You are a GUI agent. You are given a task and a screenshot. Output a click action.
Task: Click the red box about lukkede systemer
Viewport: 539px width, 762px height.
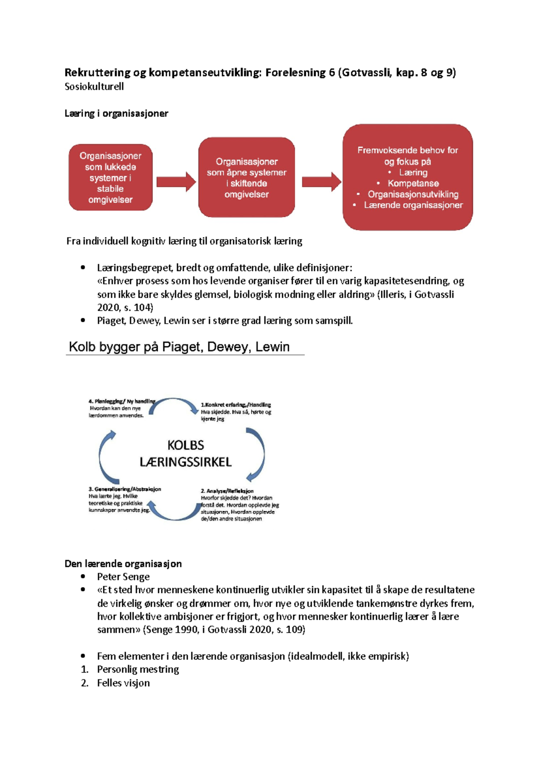point(110,177)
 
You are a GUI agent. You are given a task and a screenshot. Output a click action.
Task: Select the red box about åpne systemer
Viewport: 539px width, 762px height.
point(247,178)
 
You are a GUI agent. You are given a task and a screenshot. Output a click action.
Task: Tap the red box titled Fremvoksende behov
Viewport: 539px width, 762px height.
point(407,177)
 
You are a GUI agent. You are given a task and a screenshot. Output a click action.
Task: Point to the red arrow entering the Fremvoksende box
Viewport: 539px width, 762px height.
point(321,182)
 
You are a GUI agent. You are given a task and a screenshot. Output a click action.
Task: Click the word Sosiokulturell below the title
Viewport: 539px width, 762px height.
point(94,87)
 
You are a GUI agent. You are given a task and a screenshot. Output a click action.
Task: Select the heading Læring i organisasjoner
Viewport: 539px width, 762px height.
point(116,114)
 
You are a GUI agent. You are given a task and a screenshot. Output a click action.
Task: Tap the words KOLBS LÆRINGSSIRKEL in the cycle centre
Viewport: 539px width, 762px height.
point(186,453)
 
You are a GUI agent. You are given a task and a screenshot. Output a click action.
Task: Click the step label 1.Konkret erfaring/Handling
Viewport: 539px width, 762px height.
point(235,405)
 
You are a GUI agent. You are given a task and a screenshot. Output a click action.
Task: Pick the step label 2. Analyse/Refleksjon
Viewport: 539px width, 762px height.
point(227,491)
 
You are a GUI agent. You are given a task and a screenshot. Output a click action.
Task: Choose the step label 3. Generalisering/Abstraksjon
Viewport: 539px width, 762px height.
point(124,489)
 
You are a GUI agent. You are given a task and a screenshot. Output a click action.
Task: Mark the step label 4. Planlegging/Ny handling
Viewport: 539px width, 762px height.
point(121,401)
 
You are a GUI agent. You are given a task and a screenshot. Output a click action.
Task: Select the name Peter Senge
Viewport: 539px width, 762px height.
point(123,577)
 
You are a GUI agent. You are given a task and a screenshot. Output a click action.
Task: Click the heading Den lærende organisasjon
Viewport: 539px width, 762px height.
point(123,564)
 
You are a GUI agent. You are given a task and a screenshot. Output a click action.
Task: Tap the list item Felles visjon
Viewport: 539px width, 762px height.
point(123,683)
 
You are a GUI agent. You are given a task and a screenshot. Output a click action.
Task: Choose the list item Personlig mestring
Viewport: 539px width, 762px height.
point(137,670)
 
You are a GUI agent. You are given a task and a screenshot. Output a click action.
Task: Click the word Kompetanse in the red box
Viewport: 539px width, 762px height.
point(413,183)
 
